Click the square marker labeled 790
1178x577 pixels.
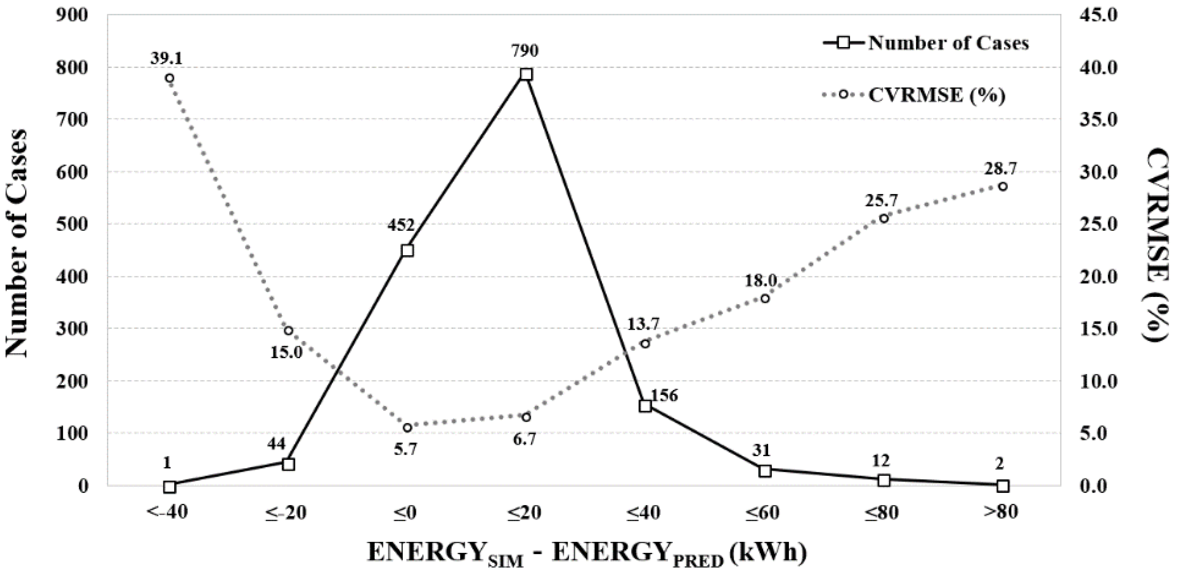pos(526,74)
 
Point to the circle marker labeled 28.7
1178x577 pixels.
pos(1003,186)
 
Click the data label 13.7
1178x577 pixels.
pos(643,324)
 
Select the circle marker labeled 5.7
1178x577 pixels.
pos(408,427)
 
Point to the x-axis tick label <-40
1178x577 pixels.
pos(167,513)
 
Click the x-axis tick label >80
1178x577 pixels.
pos(1000,513)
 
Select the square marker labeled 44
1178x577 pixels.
pos(288,464)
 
